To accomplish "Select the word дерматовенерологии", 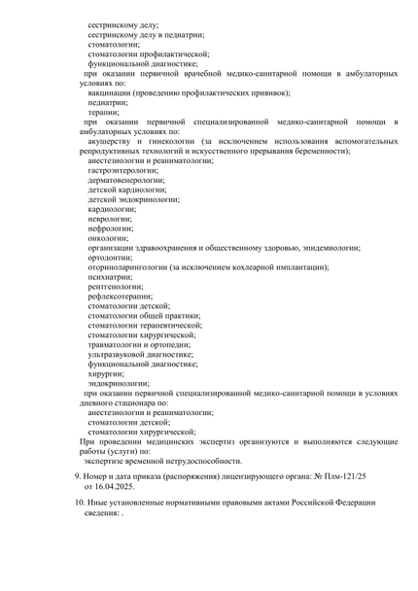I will pyautogui.click(x=125, y=180).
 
